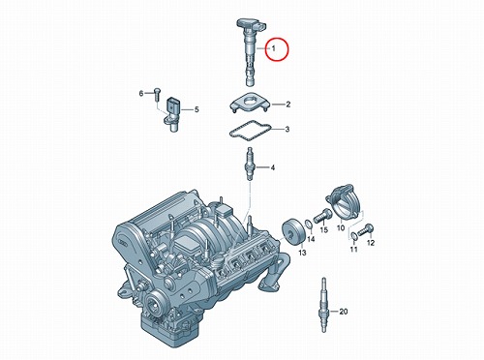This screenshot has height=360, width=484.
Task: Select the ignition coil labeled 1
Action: point(251,51)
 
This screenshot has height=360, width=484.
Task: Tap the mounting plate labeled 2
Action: point(251,103)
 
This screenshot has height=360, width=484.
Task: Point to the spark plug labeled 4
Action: point(250,165)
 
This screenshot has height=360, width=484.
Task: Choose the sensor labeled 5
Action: point(172,114)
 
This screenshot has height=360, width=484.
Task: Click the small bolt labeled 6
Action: point(157,93)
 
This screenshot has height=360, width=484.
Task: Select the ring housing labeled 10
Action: point(344,202)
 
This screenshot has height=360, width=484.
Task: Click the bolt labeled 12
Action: point(366,230)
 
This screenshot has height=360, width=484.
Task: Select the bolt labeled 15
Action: point(322,216)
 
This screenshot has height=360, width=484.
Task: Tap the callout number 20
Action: point(344,312)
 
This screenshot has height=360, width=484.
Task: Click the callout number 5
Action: point(197,109)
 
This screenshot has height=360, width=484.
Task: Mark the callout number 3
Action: point(287,130)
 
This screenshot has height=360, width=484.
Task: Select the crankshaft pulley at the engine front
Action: point(153,304)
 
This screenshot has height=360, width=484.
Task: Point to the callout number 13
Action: point(302,253)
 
